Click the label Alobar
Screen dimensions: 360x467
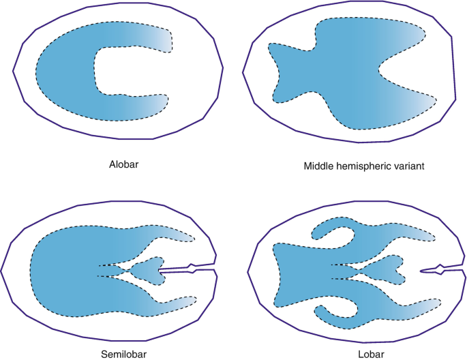(123, 164)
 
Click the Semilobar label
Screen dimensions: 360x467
(124, 353)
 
